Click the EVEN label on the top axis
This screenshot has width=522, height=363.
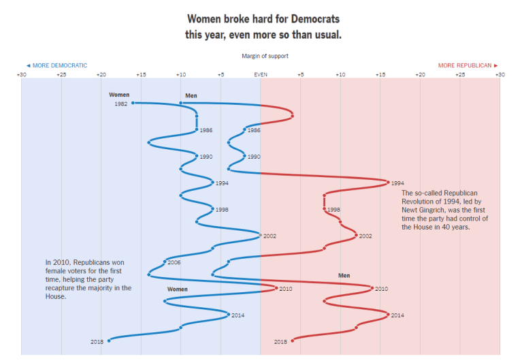tap(261, 74)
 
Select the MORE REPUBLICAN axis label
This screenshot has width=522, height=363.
tap(468, 65)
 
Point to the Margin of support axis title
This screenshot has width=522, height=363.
tap(261, 56)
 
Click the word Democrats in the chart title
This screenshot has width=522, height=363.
tap(314, 19)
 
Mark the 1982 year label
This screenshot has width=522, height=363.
tap(120, 104)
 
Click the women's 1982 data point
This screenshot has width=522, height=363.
tap(133, 103)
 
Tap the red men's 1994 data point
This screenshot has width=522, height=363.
tap(388, 183)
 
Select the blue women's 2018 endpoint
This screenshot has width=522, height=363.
tap(109, 341)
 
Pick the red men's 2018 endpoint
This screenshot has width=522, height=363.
tap(293, 341)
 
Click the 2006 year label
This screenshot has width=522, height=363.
tap(174, 262)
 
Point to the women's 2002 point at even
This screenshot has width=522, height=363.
tap(261, 235)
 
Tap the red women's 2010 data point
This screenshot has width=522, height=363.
tap(276, 288)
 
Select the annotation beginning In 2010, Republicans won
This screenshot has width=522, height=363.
tap(88, 279)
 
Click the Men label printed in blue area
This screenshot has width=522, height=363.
tap(191, 95)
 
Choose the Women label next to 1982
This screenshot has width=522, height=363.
tap(119, 95)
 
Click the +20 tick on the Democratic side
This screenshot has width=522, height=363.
tap(101, 74)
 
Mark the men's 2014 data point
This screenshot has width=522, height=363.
tap(388, 315)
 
